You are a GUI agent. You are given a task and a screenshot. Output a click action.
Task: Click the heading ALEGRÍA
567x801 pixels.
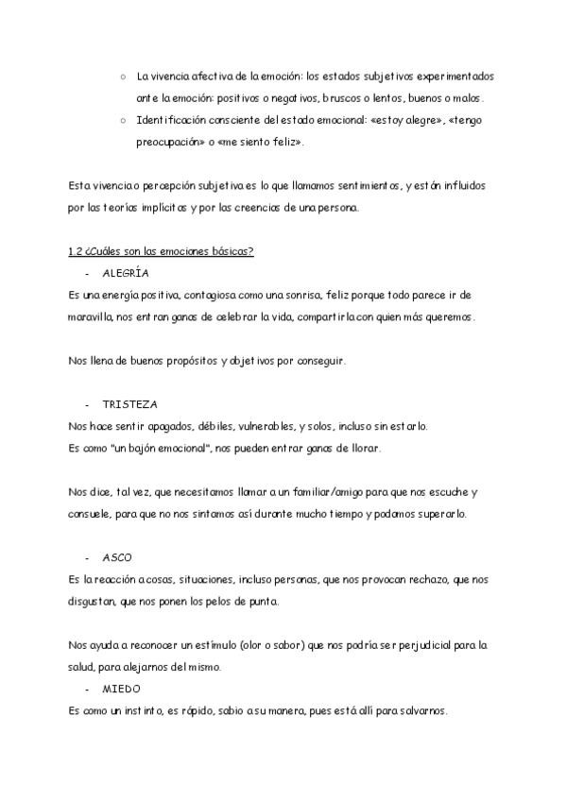point(125,273)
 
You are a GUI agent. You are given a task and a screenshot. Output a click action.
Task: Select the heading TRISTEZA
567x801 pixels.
point(129,404)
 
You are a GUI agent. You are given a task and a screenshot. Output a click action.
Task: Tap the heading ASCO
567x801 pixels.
point(117,557)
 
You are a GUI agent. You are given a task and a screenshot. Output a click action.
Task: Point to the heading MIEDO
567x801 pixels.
point(121,690)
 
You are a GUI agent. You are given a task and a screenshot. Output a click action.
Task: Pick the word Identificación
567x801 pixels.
point(172,120)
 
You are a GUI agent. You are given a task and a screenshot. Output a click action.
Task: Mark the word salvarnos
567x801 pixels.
point(431,710)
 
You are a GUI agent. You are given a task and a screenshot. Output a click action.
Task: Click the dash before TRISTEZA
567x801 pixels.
point(87,404)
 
